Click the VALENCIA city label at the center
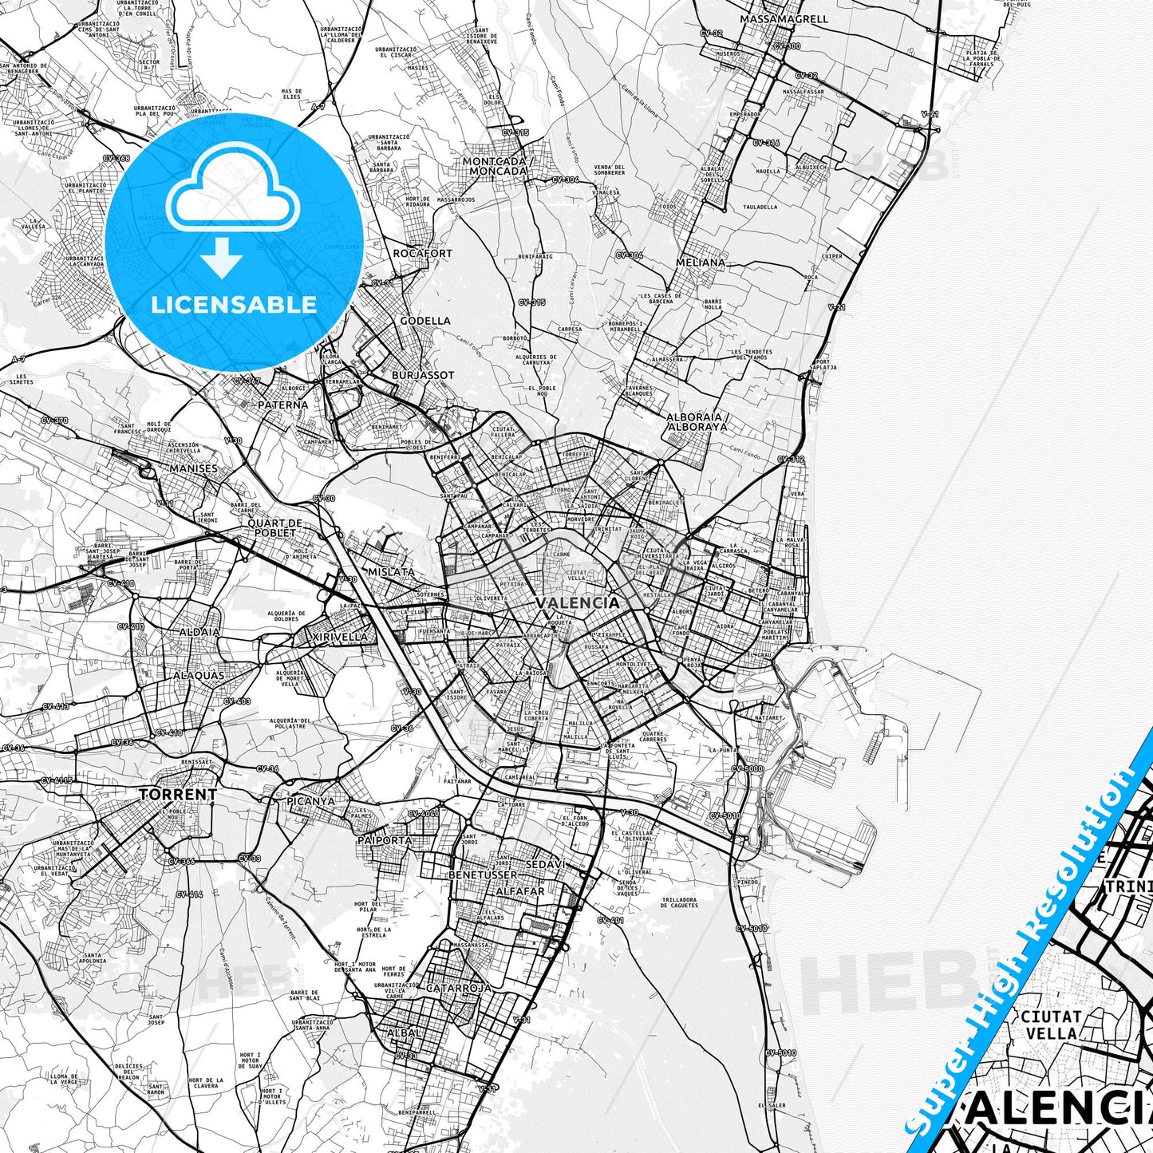(577, 602)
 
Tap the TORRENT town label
(178, 795)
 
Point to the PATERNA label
(282, 405)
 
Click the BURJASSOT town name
(423, 375)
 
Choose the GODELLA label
(425, 321)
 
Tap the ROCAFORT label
(422, 254)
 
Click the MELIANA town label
(701, 263)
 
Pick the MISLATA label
(391, 572)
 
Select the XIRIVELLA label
(340, 637)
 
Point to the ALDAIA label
(199, 632)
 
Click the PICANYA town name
(311, 800)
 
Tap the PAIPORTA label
(385, 840)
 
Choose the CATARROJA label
(459, 988)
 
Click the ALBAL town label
(404, 1033)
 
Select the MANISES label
(193, 468)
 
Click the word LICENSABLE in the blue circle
(234, 304)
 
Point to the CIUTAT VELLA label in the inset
(1051, 1025)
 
